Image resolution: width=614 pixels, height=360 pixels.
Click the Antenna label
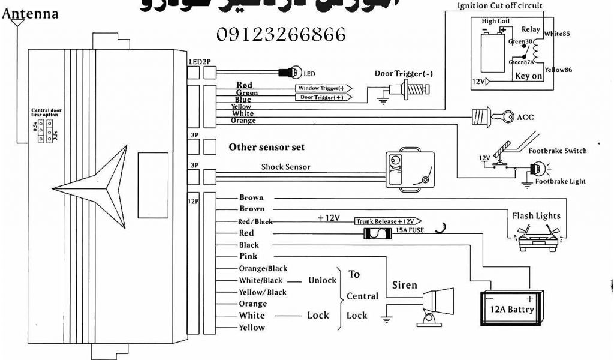(x=31, y=13)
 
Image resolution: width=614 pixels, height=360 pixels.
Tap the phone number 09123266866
(x=281, y=35)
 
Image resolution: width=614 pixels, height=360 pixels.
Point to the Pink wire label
(x=248, y=256)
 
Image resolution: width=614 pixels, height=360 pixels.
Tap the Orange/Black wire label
(x=263, y=268)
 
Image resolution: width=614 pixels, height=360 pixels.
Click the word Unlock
(x=322, y=280)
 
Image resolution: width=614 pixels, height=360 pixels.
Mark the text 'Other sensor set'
(x=266, y=147)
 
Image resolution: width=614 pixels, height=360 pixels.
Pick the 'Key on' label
(x=528, y=76)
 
